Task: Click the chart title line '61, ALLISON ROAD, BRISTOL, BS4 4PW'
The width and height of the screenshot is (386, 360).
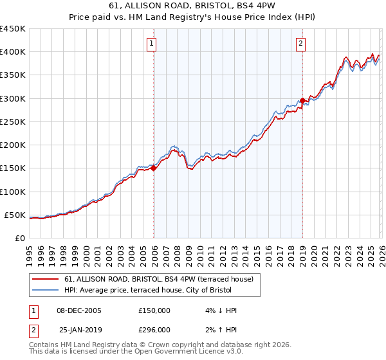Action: click(193, 7)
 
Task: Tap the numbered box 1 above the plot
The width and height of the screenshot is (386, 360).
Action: click(151, 44)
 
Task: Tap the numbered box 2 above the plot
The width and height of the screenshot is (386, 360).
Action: click(300, 44)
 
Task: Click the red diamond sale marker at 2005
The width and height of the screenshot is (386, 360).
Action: click(154, 168)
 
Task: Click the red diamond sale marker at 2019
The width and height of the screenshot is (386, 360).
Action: click(302, 100)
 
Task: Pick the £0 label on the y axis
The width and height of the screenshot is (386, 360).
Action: click(19, 238)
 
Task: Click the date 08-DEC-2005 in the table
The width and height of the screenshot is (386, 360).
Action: click(79, 310)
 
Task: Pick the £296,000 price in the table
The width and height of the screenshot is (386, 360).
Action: click(154, 329)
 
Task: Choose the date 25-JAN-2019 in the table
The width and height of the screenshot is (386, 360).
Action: click(80, 329)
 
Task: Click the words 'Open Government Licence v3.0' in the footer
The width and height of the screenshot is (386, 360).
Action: click(187, 353)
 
